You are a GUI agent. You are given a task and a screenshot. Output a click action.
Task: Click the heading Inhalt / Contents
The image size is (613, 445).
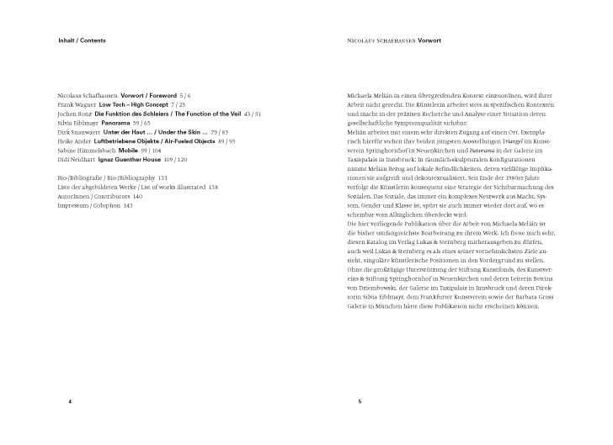(82, 40)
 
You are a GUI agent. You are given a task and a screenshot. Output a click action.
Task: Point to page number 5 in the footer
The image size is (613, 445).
(360, 402)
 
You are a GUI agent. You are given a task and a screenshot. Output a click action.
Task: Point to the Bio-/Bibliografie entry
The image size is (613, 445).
(83, 177)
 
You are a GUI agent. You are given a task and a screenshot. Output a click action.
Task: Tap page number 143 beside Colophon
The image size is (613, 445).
(129, 205)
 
